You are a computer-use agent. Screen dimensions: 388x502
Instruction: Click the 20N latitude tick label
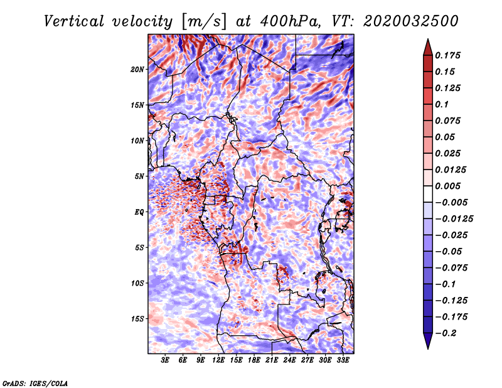click(x=137, y=69)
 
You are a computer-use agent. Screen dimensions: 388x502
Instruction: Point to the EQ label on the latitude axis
click(x=139, y=212)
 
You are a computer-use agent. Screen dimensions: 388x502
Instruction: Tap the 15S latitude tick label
click(x=137, y=319)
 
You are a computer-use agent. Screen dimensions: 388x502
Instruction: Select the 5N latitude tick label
click(x=139, y=176)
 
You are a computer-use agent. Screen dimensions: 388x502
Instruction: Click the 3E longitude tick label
click(x=166, y=360)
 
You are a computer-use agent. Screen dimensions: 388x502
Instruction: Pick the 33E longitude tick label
click(x=343, y=360)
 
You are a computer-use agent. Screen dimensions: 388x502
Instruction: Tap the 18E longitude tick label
click(x=254, y=360)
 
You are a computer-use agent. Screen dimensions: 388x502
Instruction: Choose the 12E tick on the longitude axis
click(x=219, y=360)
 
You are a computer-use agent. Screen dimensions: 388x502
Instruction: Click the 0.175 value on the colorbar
click(x=449, y=55)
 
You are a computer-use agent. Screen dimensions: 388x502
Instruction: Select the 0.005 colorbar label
click(x=449, y=186)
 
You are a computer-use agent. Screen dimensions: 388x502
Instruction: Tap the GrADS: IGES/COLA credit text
click(x=35, y=382)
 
